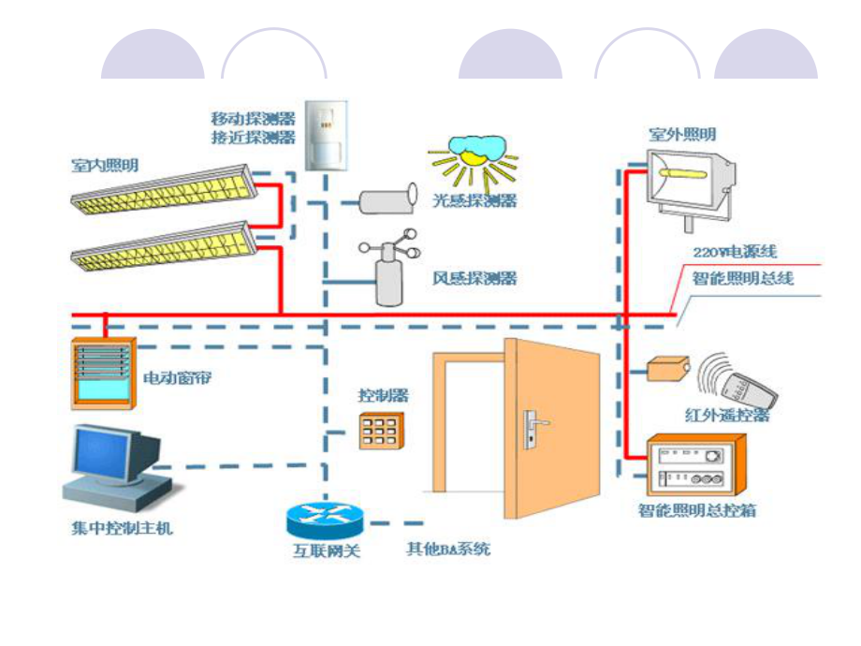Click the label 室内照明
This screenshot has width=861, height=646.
[105, 166]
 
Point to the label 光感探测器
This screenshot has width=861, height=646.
[474, 200]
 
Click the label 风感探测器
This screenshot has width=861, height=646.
[474, 278]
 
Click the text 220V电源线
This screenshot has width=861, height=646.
[735, 253]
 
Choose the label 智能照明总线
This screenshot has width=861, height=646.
[743, 278]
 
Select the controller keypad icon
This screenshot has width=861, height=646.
[380, 431]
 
